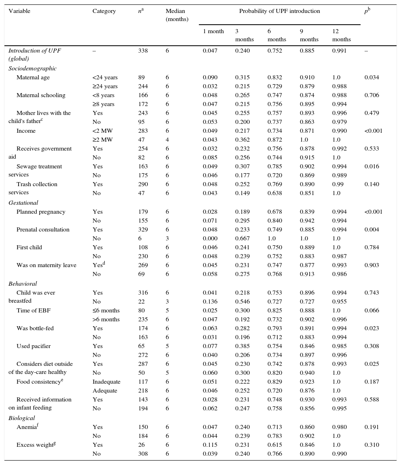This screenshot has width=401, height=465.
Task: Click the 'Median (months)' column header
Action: (177, 15)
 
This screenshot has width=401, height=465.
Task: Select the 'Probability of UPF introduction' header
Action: (279, 11)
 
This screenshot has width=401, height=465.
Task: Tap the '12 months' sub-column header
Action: (341, 35)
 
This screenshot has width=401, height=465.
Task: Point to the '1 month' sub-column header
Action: (213, 32)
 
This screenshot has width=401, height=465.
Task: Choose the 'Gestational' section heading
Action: (23, 203)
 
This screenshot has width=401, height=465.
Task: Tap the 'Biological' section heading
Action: (21, 418)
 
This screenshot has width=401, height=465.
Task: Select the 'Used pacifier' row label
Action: (34, 346)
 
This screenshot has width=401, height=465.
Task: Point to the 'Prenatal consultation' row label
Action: (43, 230)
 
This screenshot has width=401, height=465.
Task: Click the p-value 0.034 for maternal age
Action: (371, 78)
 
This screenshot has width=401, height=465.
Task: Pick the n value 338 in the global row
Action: (143, 51)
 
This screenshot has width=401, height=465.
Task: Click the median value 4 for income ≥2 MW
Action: (167, 140)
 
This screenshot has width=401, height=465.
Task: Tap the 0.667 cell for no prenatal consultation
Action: (242, 239)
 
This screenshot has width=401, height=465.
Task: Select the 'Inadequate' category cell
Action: (106, 382)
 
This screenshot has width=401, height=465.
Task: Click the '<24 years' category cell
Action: (105, 78)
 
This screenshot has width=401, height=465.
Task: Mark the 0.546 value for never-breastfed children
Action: (242, 302)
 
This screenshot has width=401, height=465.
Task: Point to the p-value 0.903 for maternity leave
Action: (371, 265)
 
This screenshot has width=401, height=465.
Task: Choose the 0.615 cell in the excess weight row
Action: (274, 445)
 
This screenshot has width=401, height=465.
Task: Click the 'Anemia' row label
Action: (27, 427)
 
